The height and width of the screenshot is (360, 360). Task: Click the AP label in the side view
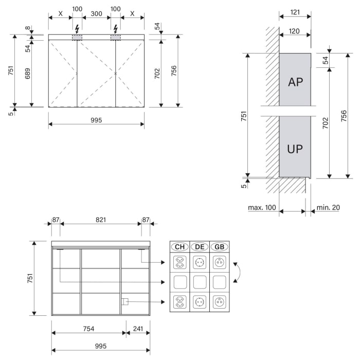tap(295, 82)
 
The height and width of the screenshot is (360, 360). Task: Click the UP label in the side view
tap(295, 150)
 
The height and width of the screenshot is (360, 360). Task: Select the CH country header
tap(179, 247)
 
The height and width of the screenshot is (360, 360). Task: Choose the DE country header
tap(200, 247)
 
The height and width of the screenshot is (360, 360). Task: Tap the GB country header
tap(220, 247)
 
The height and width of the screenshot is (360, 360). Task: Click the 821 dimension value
tap(100, 220)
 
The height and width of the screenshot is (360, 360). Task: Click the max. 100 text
tap(262, 208)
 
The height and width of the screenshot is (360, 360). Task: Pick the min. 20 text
tap(328, 208)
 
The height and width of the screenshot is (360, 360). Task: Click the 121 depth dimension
tap(295, 11)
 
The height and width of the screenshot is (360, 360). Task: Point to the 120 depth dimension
tap(295, 31)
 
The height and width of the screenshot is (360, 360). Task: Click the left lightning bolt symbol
tap(77, 28)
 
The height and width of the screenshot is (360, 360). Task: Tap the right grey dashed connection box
tap(116, 38)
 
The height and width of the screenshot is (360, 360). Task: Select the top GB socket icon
tap(220, 263)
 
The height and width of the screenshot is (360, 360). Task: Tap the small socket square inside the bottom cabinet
tap(124, 301)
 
